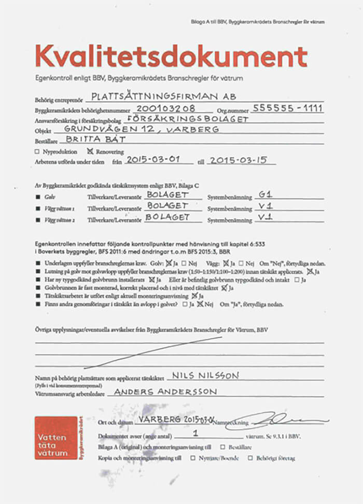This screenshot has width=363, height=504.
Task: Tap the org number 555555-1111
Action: tap(287, 108)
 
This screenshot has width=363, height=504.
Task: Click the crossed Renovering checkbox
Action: tap(90, 152)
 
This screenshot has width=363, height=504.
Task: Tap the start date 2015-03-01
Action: tap(153, 160)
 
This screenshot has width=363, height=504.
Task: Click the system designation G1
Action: tap(264, 196)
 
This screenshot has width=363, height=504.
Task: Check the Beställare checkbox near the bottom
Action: tap(222, 447)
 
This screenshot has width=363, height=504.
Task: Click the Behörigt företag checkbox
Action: tap(250, 458)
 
